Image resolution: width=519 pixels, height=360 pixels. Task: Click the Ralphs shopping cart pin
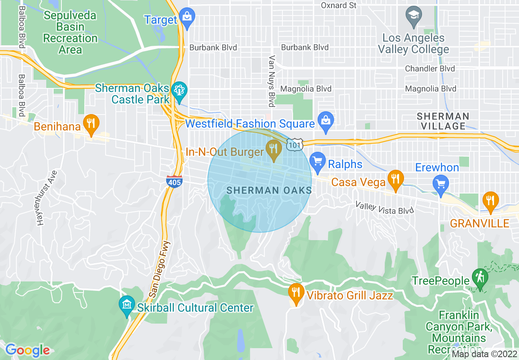(x=318, y=162)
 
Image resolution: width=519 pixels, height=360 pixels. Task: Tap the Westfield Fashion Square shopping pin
(x=326, y=122)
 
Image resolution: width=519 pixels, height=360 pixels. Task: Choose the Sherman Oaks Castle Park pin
(x=179, y=91)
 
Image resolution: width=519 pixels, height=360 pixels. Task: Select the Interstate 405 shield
(x=174, y=181)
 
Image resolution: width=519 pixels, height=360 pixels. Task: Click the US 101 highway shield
(x=295, y=144)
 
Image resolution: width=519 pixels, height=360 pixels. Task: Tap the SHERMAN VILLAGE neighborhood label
(x=443, y=121)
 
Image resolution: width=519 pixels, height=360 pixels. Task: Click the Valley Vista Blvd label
(x=384, y=207)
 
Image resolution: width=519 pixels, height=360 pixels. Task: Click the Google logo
(x=27, y=350)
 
